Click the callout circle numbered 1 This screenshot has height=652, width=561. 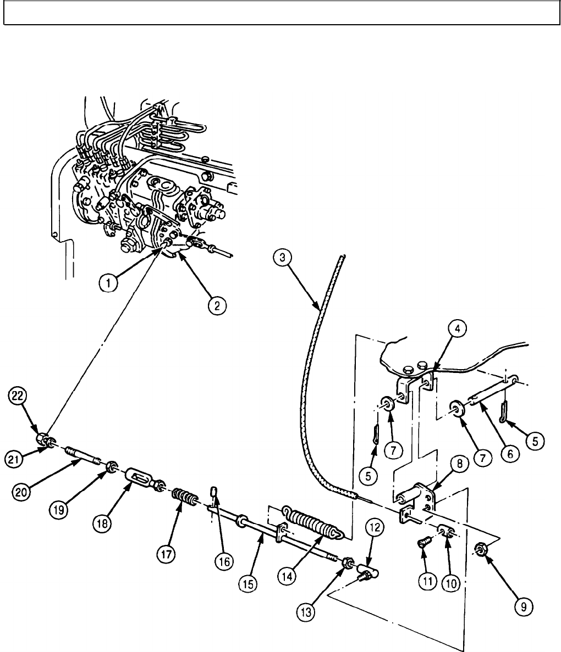click(x=109, y=283)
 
